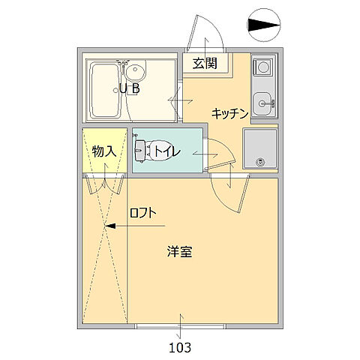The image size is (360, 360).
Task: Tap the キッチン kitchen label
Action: pos(229,113)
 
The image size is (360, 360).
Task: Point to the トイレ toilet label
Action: pos(166,151)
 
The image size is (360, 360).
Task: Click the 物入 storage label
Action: pos(103,151)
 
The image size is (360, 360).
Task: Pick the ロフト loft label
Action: pos(142,212)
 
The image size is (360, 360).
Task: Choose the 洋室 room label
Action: pos(179,252)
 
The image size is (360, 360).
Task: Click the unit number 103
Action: pos(180,347)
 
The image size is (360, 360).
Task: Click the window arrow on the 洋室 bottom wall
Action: pos(180,324)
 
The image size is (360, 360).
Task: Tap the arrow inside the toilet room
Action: pos(202,152)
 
